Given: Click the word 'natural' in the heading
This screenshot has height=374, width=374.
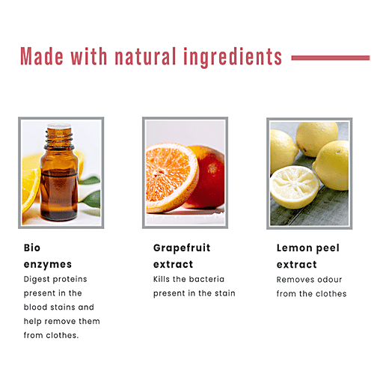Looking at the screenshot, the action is point(145,56).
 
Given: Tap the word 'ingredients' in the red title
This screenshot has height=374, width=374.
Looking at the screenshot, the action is point(233,58).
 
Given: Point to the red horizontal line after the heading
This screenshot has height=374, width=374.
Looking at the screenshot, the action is point(331,58).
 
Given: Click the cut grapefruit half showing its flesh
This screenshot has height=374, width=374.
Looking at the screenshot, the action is point(171,177).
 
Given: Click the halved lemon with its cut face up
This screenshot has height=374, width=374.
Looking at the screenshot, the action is point(294,186).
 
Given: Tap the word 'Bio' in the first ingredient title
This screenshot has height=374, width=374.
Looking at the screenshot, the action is point(32,248).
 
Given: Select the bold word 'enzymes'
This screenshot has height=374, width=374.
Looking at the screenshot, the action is point(48,265).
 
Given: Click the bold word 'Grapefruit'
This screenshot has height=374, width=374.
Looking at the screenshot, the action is point(182,248).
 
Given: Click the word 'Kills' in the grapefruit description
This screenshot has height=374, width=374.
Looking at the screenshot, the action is point(162,279).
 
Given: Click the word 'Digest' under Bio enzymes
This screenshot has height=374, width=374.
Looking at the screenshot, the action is point(37,280).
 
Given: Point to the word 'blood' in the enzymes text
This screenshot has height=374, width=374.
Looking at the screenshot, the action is point(35,307).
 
